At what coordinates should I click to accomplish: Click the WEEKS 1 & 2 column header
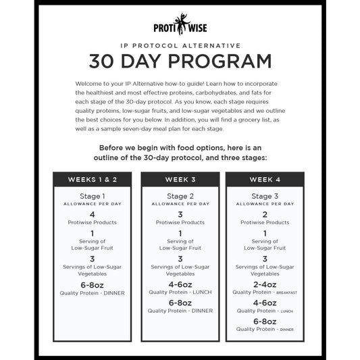93,180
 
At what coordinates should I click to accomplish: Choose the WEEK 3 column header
180,180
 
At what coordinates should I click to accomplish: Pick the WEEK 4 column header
265,180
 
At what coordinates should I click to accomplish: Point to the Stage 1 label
93,196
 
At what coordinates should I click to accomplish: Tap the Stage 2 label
180,196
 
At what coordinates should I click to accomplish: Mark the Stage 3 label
265,196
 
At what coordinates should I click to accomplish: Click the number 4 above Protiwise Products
93,214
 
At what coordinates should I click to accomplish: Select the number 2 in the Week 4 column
265,214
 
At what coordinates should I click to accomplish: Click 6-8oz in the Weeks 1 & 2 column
93,286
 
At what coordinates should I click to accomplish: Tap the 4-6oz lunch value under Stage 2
180,284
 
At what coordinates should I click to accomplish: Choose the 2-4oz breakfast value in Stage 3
265,284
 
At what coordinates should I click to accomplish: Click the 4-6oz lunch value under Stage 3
265,303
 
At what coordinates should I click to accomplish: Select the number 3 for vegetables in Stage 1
93,259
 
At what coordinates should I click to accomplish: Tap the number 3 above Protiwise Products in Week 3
180,214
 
